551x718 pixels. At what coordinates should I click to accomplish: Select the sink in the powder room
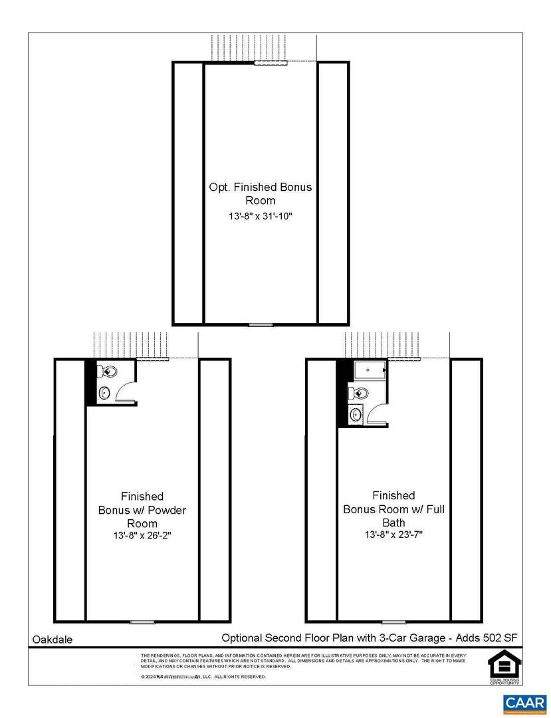point(105,393)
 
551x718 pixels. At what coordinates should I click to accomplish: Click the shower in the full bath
point(370,371)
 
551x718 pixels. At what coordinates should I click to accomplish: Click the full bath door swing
point(376,415)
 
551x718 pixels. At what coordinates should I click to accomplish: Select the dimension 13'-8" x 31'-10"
point(261,216)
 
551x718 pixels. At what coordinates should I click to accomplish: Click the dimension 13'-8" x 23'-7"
point(393,535)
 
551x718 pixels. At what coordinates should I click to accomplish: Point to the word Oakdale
point(53,640)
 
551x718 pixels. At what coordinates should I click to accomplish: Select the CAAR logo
point(525,702)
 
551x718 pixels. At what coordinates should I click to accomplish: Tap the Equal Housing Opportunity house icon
point(502,664)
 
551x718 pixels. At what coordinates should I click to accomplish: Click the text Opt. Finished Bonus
point(261,187)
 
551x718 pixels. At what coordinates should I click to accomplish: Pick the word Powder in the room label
point(167,510)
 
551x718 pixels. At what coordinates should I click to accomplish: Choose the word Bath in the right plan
point(393,523)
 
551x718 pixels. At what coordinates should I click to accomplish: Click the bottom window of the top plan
point(261,324)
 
